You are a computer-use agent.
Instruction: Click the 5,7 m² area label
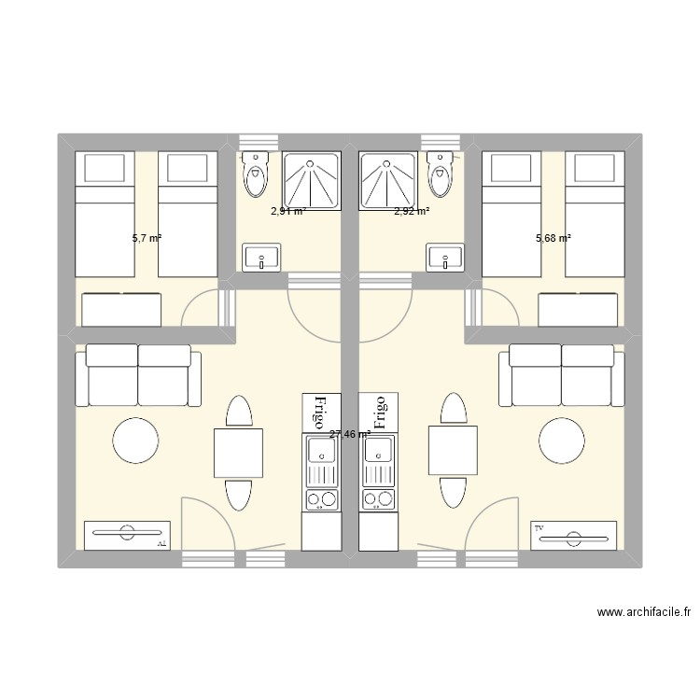[x=147, y=239]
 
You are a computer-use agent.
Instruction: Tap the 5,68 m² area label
[x=553, y=238]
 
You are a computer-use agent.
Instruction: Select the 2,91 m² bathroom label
[x=288, y=212]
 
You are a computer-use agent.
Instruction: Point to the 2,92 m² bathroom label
[x=412, y=212]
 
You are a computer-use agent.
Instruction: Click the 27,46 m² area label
[x=350, y=434]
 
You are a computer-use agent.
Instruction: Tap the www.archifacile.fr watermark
[x=645, y=613]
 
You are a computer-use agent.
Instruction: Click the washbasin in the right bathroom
[x=444, y=257]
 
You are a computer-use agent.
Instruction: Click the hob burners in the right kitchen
[x=380, y=498]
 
